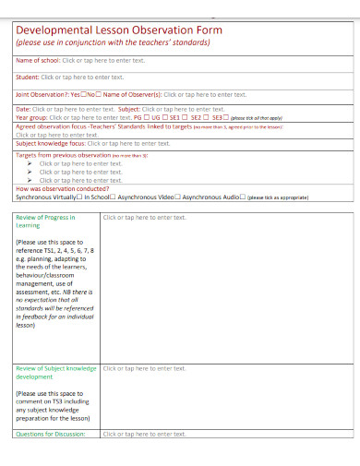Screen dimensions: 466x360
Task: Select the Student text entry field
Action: pyautogui.click(x=84, y=77)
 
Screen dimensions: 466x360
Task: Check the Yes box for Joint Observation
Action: pyautogui.click(x=85, y=94)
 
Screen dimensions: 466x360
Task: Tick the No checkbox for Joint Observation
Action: pyautogui.click(x=99, y=94)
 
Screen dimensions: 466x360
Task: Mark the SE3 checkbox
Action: pyautogui.click(x=227, y=118)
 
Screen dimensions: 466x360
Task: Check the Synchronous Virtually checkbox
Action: pyautogui.click(x=79, y=197)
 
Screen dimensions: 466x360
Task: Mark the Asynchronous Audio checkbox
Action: pyautogui.click(x=243, y=197)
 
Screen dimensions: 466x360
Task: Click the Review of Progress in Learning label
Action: pyautogui.click(x=45, y=221)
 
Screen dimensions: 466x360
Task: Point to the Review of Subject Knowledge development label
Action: pyautogui.click(x=56, y=372)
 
